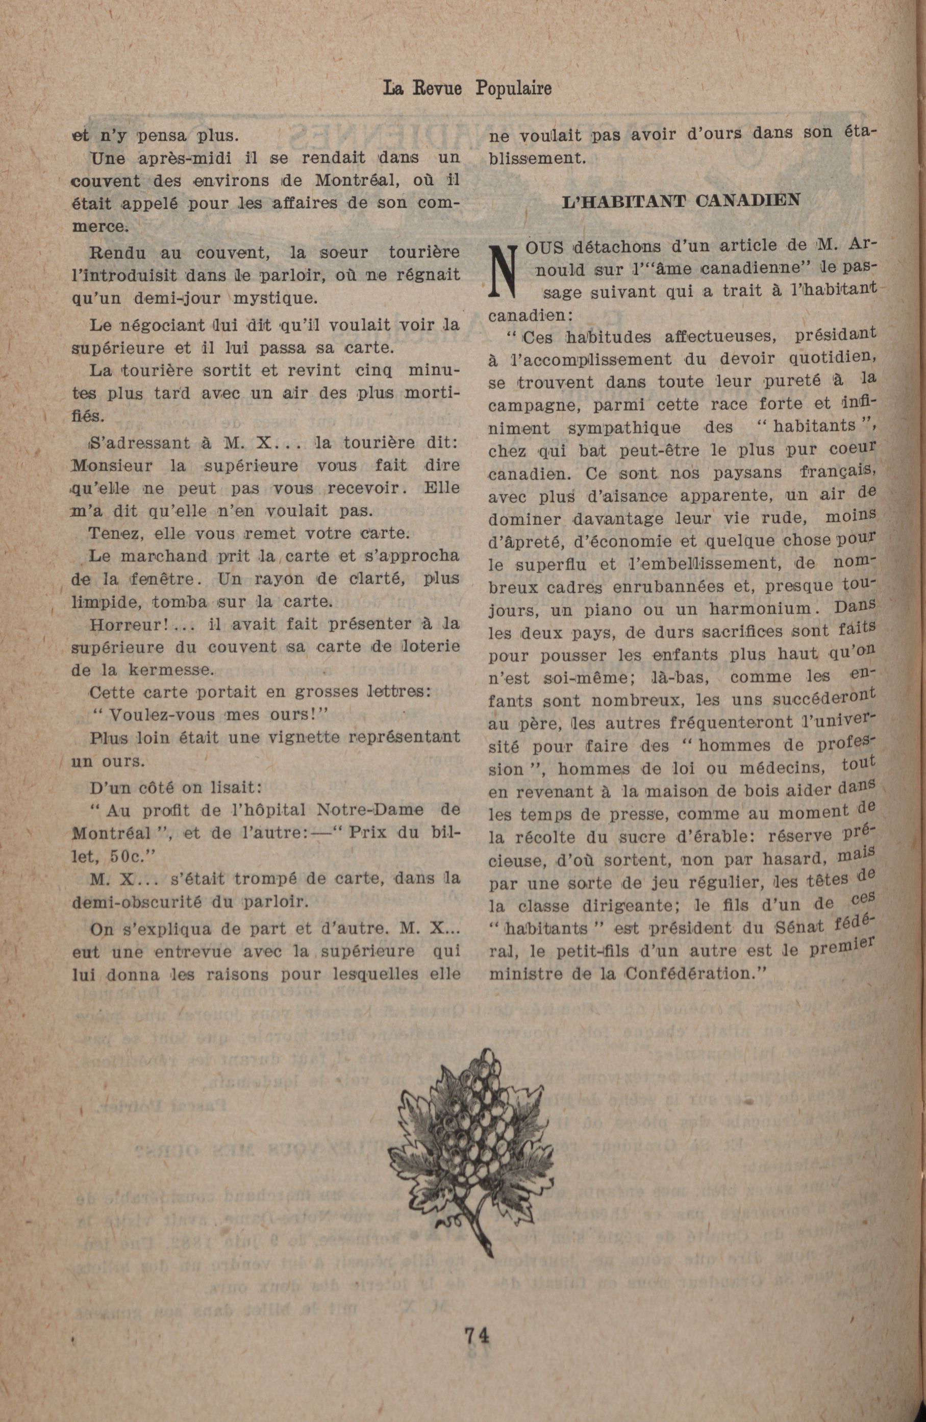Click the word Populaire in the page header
(x=513, y=88)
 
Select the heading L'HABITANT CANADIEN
(x=681, y=201)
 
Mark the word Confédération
(x=695, y=972)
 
